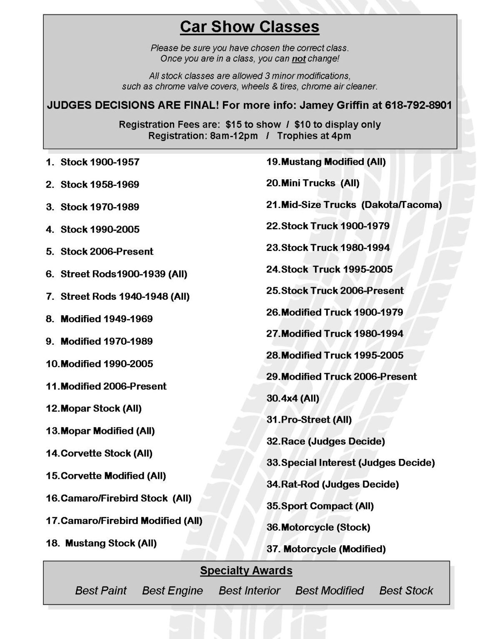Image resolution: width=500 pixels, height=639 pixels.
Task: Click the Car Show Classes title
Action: pos(250,27)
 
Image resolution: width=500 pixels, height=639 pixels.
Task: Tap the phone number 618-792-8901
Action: pos(418,105)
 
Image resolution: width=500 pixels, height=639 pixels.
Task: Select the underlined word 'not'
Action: pos(298,59)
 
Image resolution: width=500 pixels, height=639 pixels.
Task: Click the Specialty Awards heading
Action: pos(246,571)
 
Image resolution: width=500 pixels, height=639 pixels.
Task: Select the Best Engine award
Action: pos(172,591)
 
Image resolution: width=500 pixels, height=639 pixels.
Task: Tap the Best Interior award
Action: pos(250,591)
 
